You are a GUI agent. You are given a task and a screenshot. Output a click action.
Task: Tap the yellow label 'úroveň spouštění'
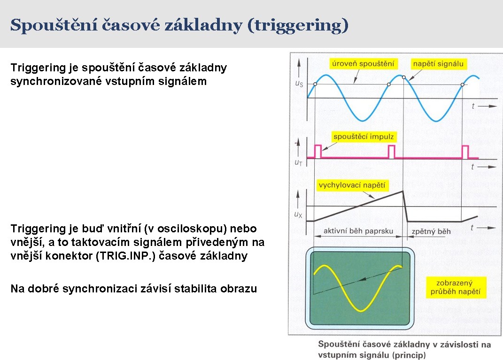[x=363, y=63]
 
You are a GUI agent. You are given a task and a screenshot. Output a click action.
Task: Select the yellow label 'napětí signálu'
[x=438, y=63]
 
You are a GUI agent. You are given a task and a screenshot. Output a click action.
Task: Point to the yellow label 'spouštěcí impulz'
[x=364, y=137]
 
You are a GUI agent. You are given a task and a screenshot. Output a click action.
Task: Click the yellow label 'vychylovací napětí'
[x=352, y=185]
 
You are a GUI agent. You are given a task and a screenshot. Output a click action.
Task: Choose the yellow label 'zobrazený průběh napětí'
[x=456, y=287]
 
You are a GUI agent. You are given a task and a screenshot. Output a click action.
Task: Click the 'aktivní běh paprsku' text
[x=358, y=231]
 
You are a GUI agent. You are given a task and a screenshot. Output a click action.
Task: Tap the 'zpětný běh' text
[x=431, y=231]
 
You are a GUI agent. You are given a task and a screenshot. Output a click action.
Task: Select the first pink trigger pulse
[x=317, y=152]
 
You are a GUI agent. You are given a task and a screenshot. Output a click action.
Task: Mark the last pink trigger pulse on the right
[x=465, y=152]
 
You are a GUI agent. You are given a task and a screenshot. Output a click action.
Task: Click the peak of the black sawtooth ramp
[x=403, y=191]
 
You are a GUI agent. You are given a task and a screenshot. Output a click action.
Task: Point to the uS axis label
[x=299, y=84]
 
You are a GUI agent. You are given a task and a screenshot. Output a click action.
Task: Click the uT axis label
[x=298, y=162]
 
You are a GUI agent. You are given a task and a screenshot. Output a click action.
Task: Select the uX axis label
[x=298, y=214]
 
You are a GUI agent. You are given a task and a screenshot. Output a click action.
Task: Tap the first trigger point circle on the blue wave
[x=315, y=84]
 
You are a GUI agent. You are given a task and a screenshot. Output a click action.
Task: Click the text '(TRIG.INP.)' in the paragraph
[x=126, y=256]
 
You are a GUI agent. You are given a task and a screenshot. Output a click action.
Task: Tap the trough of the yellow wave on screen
[x=361, y=310]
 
